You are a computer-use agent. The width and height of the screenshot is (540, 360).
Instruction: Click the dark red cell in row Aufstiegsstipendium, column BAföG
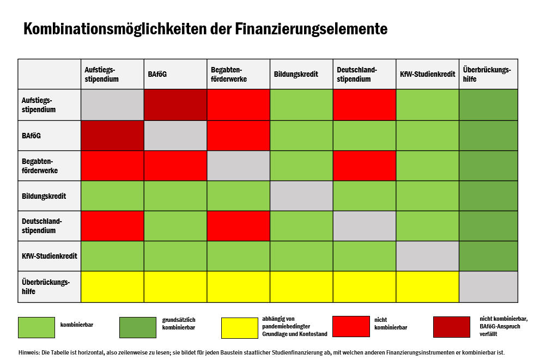point(175,105)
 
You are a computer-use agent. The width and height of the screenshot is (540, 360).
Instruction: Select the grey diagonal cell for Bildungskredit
point(301,196)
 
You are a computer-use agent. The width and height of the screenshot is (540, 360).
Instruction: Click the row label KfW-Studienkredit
point(49,256)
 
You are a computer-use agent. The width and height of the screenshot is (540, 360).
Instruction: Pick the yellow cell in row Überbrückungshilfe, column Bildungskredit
point(301,286)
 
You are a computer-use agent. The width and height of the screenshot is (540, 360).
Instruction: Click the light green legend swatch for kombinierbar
point(37,327)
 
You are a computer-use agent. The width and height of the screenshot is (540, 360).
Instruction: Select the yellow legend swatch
point(239,327)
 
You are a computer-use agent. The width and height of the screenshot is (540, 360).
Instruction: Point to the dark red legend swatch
point(451,327)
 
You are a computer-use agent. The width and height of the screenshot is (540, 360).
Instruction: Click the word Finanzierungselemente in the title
point(311,29)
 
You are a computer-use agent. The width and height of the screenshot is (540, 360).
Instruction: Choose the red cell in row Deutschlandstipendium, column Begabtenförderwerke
point(238,225)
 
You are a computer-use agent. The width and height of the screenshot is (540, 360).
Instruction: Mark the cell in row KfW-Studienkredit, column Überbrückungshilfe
point(488,256)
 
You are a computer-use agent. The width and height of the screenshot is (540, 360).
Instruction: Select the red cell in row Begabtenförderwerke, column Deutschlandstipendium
point(365,166)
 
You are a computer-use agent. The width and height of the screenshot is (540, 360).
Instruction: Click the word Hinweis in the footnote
point(29,352)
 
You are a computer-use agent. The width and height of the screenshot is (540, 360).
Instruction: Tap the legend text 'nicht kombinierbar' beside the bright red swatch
point(391,324)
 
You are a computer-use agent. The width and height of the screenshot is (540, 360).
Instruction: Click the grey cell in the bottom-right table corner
point(488,286)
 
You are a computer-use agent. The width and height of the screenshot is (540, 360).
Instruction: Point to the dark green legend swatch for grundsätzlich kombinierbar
point(138,327)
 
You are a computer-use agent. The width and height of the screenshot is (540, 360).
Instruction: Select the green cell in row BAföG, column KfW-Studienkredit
point(427,136)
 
